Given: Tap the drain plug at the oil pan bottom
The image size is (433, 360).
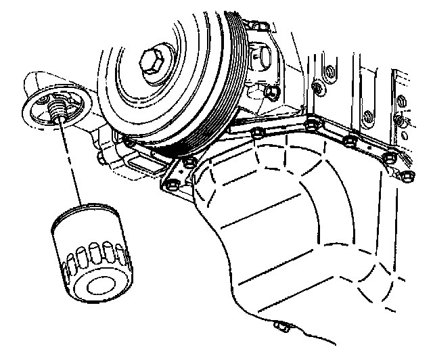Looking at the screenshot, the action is tap(278, 327).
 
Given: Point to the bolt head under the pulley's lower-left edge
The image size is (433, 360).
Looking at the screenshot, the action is tap(129, 141).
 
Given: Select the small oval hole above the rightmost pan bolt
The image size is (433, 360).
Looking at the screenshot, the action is tap(403, 121).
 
